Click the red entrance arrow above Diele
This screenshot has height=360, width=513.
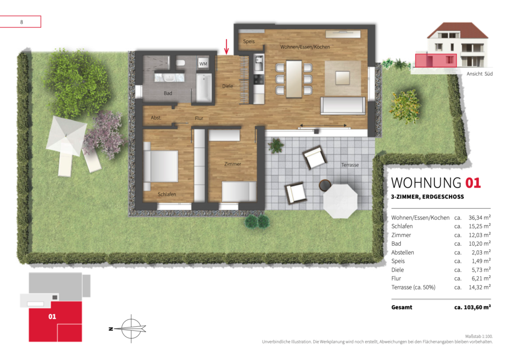[226, 47]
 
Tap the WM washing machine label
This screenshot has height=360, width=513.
[203, 64]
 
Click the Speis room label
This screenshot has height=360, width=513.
[248, 41]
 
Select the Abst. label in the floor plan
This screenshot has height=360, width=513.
[156, 118]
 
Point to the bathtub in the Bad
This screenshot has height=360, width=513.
[203, 87]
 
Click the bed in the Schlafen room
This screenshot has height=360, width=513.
[161, 166]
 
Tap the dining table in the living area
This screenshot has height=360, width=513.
[294, 79]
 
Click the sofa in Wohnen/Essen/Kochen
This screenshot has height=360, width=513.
[343, 105]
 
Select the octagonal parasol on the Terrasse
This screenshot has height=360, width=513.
[340, 201]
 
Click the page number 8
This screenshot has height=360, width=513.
[22, 22]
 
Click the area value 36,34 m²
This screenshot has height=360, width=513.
[479, 218]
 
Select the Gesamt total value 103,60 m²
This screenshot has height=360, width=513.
[472, 307]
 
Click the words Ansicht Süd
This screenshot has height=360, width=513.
[479, 74]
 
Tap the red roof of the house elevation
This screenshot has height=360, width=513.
[457, 30]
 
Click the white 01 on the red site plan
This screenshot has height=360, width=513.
[52, 316]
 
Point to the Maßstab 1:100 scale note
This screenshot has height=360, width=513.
[478, 336]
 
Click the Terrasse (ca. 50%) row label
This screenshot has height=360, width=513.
[413, 287]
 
